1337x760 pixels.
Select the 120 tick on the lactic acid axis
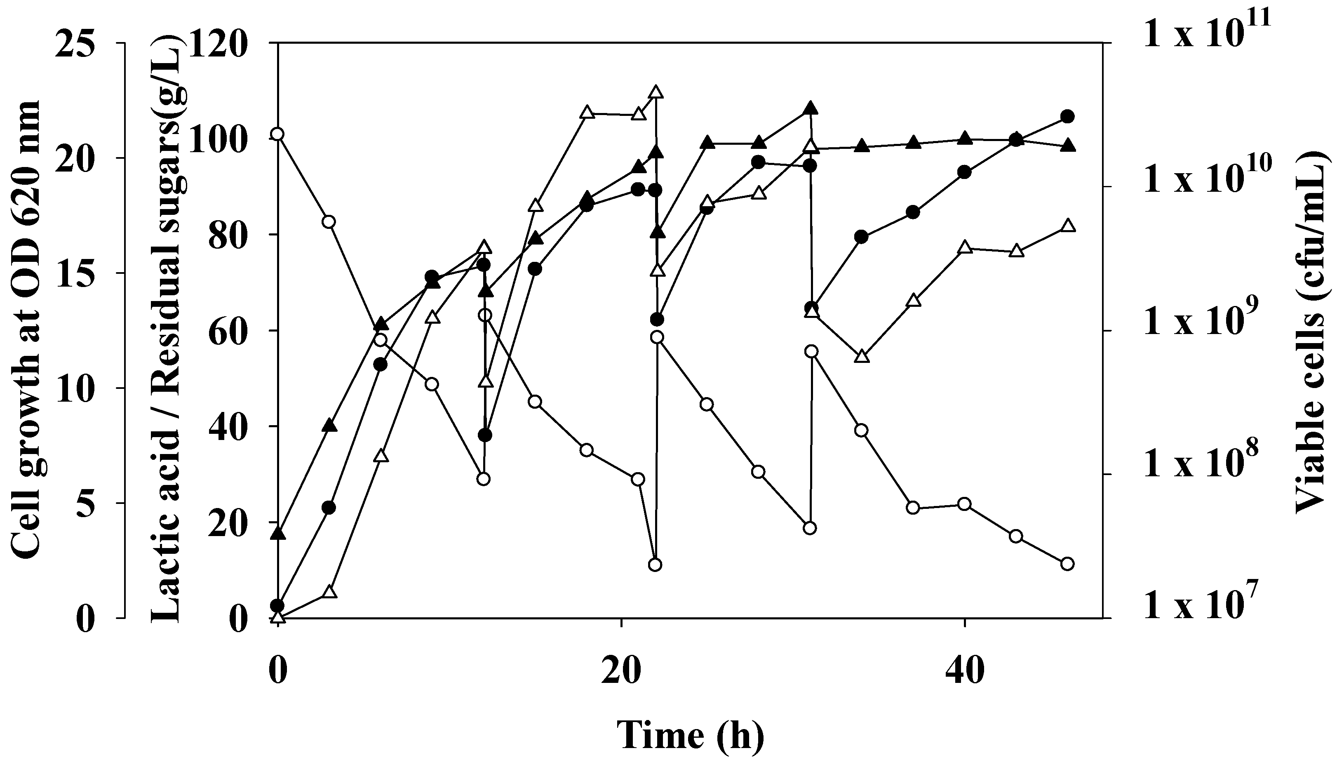pyautogui.click(x=222, y=43)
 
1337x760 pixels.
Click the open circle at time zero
pyautogui.click(x=278, y=134)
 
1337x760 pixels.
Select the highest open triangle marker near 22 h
pyautogui.click(x=656, y=92)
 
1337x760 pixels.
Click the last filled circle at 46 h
pyautogui.click(x=1068, y=116)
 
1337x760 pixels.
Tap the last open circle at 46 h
pyautogui.click(x=1068, y=564)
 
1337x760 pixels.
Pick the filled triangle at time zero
pyautogui.click(x=278, y=533)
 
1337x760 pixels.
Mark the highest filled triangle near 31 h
pyautogui.click(x=810, y=108)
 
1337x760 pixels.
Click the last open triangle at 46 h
pyautogui.click(x=1068, y=226)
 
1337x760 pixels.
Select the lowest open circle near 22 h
pyautogui.click(x=656, y=565)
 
